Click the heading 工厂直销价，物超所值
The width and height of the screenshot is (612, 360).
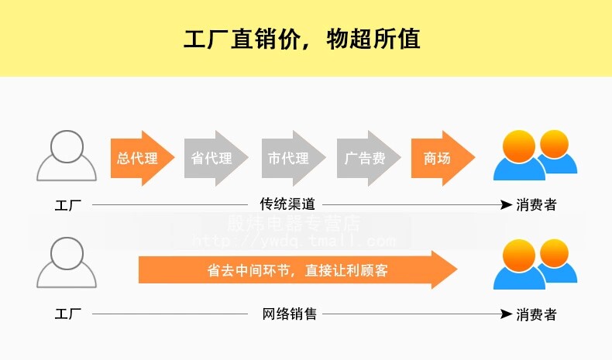(x=302, y=39)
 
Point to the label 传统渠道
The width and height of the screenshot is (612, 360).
(x=287, y=204)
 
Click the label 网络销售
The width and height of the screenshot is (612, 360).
(x=288, y=314)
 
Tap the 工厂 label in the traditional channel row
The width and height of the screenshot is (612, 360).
(x=68, y=206)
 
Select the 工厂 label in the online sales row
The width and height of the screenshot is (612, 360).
(x=68, y=315)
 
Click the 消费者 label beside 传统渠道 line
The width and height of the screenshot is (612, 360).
(x=537, y=205)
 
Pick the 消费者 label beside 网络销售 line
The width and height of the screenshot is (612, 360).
(x=537, y=315)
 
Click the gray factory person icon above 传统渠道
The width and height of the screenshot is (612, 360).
(x=67, y=156)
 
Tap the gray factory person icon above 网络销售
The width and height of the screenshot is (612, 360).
(x=67, y=265)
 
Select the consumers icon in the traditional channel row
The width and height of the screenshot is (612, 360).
(x=535, y=155)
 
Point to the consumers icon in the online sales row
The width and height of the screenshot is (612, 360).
(x=535, y=263)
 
